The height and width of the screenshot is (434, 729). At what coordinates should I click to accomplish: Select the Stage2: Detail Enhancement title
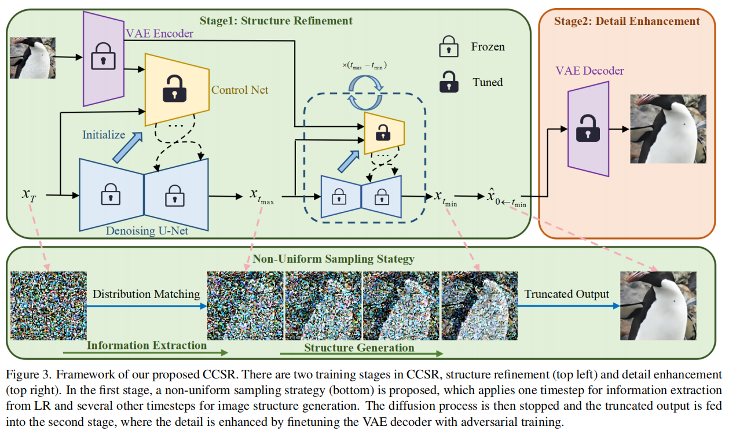point(627,21)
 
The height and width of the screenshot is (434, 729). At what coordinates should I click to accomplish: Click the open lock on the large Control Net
point(175,89)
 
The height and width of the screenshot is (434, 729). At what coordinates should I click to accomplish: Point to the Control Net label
point(240,90)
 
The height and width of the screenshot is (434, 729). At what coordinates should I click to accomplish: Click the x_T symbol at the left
point(29,194)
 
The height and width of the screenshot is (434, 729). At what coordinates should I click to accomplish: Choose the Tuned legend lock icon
point(448,82)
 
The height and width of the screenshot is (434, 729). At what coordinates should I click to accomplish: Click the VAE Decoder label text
point(589,71)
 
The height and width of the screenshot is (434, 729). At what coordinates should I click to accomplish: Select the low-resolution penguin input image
point(32,58)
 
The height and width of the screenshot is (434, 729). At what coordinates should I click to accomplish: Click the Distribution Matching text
point(146,295)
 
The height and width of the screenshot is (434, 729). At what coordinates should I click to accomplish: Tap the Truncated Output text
point(566,295)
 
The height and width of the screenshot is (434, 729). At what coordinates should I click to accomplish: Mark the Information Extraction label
point(146,345)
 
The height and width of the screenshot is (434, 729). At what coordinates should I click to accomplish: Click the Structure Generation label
point(359,348)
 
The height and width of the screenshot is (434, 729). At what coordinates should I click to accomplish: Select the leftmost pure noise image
point(49,306)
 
